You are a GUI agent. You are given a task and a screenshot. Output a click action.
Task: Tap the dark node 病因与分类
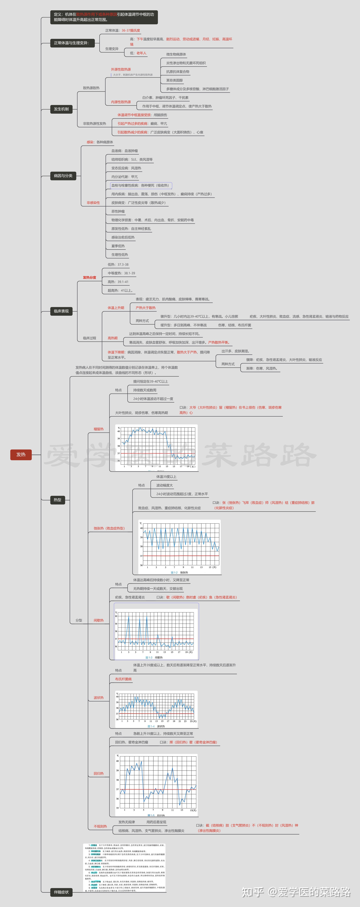coord(63,176)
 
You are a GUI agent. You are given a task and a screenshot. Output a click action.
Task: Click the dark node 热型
coord(57,500)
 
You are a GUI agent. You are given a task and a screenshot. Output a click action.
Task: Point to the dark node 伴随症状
coord(61,892)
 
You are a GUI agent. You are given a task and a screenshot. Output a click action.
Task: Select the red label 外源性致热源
coord(121,69)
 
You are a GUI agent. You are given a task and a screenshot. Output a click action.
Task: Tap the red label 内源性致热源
coord(121,102)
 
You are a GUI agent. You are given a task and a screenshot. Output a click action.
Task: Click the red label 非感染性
coord(93,203)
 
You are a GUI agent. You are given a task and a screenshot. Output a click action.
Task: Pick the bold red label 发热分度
coord(89,277)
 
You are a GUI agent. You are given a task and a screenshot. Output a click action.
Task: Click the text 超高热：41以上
coord(120,290)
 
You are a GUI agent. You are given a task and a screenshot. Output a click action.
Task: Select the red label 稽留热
coord(99,429)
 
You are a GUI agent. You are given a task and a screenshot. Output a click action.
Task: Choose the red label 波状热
coord(99,698)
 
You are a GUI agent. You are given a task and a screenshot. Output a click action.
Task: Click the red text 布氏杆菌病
coord(123,679)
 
